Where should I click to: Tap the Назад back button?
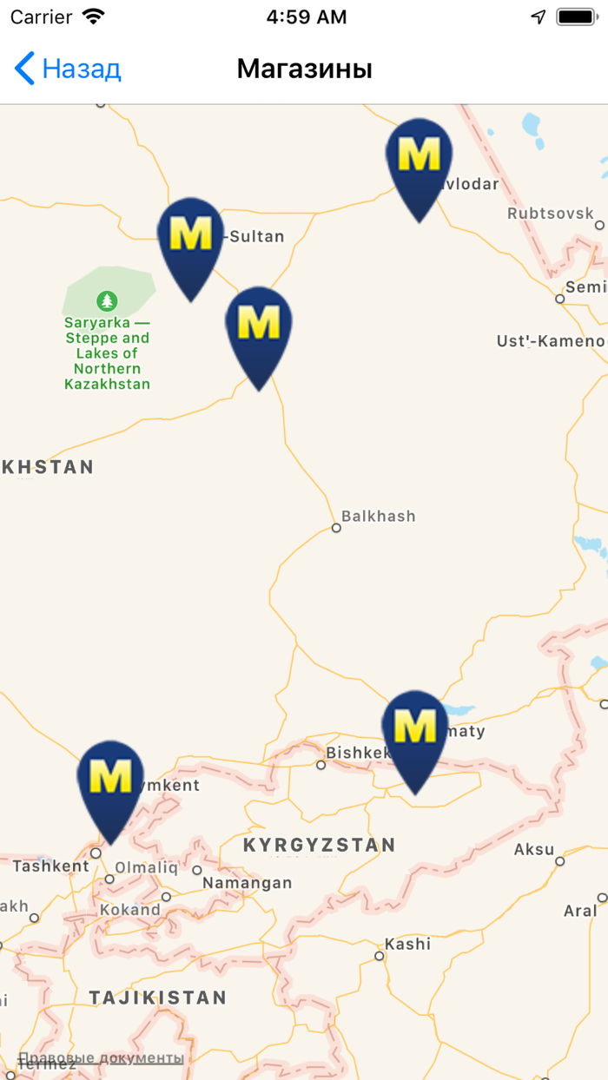coord(68,69)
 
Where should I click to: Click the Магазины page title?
coord(304,69)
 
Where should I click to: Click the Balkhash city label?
coord(378,517)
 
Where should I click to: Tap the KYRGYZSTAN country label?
coord(319,845)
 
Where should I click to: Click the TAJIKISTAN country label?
coord(157,998)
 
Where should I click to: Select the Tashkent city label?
coord(50,866)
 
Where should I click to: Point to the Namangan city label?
coord(247,883)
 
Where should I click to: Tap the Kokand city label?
coord(129,910)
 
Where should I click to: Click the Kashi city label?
coord(407,944)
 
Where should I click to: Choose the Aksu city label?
coord(534,849)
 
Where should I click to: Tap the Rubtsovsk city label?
coord(551,213)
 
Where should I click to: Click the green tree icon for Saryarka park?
coord(107,301)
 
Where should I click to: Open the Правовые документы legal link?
coord(101,1057)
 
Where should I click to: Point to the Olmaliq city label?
coord(146,867)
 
